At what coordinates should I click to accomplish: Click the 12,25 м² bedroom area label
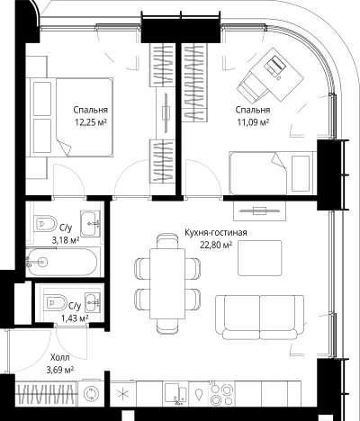91,122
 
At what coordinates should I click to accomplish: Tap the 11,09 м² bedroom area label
253,122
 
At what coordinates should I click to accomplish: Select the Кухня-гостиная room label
216,232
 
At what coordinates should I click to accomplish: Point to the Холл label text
60,357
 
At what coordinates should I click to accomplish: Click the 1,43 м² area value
75,318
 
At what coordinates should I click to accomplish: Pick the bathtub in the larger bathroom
61,262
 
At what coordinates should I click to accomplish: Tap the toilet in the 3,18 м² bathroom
45,223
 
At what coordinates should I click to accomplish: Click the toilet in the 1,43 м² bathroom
56,302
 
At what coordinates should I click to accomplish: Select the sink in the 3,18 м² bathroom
90,223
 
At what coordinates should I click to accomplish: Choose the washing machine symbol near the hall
89,393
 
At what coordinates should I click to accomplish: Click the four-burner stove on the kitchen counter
222,393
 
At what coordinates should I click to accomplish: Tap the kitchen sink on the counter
175,393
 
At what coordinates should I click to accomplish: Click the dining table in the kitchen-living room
167,283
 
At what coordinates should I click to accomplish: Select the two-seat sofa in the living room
259,317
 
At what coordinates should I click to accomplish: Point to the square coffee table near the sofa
260,258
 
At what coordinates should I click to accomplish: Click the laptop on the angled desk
274,65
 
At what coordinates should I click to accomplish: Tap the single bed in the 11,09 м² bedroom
272,173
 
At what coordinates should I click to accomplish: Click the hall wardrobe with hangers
46,393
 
